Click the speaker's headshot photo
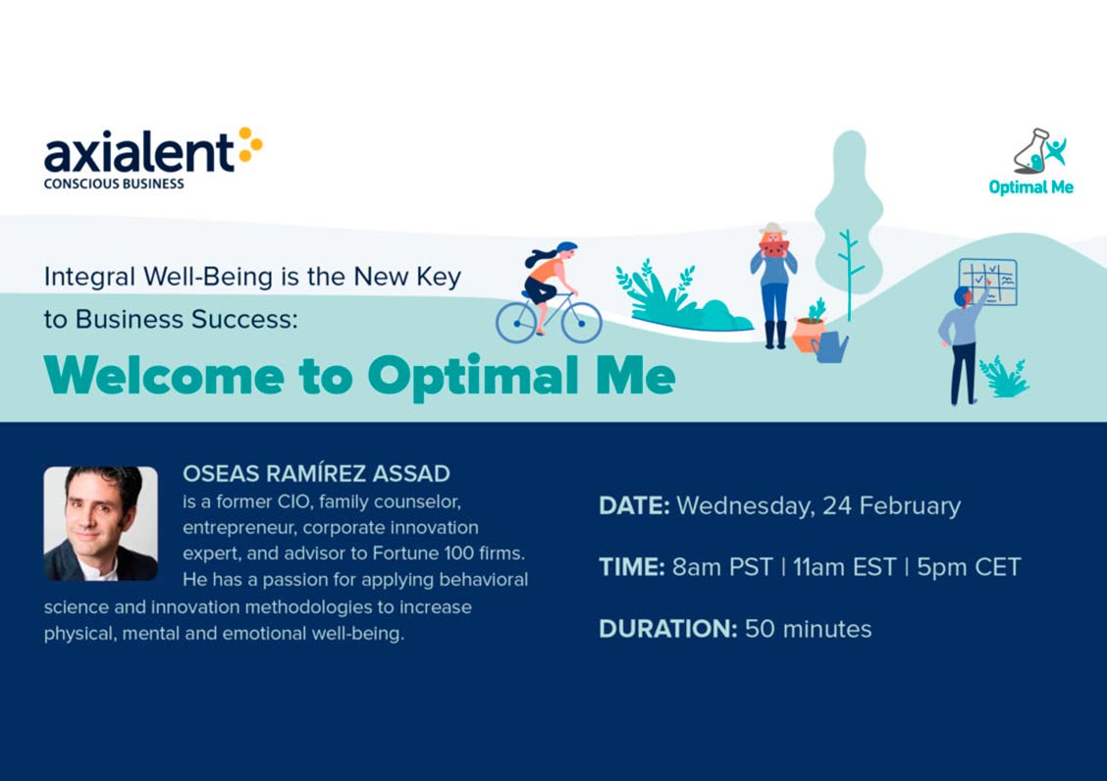(101, 523)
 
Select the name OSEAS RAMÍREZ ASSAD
(316, 473)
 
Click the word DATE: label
(634, 505)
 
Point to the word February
(910, 506)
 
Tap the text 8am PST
(722, 567)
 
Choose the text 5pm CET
(969, 567)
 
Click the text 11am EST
(844, 567)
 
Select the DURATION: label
(668, 629)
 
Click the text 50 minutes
(809, 629)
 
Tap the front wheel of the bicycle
(581, 322)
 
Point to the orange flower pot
(807, 334)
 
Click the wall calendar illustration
(987, 282)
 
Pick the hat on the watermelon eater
(773, 229)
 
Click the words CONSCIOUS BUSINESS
(114, 183)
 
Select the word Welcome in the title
(164, 375)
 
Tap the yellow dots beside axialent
(250, 144)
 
